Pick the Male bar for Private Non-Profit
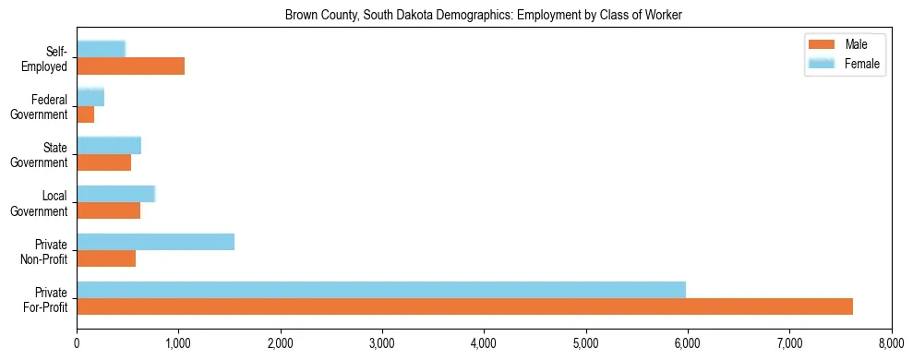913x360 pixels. pyautogui.click(x=106, y=258)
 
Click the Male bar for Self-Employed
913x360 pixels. pyautogui.click(x=130, y=66)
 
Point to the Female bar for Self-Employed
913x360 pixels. pyautogui.click(x=101, y=49)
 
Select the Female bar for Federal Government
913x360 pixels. pyautogui.click(x=90, y=97)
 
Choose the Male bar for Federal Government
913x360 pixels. pyautogui.click(x=85, y=114)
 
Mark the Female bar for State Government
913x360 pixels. pyautogui.click(x=109, y=145)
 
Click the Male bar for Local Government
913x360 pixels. pyautogui.click(x=108, y=210)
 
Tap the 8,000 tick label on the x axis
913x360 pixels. pyautogui.click(x=891, y=343)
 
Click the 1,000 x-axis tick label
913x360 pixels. pyautogui.click(x=178, y=343)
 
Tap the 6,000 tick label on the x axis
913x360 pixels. pyautogui.click(x=688, y=343)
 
